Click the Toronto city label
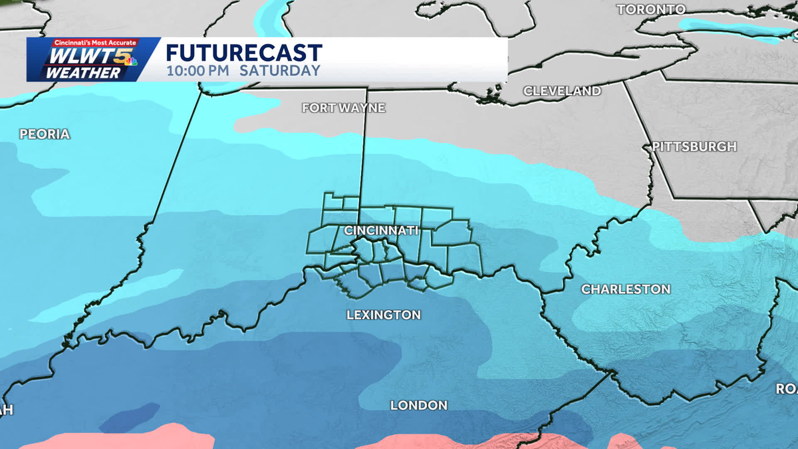click(x=651, y=9)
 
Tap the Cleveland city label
click(x=562, y=90)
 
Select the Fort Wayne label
click(x=343, y=107)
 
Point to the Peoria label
click(x=45, y=134)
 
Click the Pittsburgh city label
click(x=694, y=146)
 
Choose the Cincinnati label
click(x=381, y=230)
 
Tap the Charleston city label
click(x=626, y=289)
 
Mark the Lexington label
click(x=384, y=315)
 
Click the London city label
click(x=418, y=405)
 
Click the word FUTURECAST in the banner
click(x=244, y=53)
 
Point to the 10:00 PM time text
click(x=198, y=71)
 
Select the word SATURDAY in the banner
click(x=280, y=71)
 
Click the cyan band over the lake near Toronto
click(x=731, y=30)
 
